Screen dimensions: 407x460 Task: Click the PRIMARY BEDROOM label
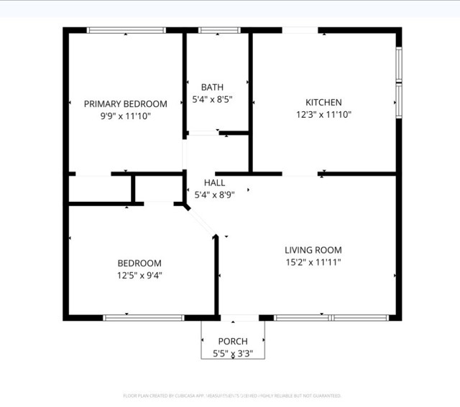coord(125,103)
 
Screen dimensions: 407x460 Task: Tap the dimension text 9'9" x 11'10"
coord(125,115)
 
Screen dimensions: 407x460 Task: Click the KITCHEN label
coord(323,103)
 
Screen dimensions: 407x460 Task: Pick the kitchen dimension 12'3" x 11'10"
coord(323,114)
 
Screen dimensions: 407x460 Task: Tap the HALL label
coord(214,183)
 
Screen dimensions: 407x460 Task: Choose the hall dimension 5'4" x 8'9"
coord(214,195)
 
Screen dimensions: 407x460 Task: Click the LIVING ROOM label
coord(313,250)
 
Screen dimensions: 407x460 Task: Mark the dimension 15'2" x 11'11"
coord(313,262)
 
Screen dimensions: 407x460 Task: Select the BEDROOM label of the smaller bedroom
coord(139,263)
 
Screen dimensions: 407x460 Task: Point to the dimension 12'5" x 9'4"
coord(139,275)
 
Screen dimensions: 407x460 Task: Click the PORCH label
coord(233,341)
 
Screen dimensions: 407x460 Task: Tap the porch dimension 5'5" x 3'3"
coord(233,353)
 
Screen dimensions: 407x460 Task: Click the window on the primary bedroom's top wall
coord(126,30)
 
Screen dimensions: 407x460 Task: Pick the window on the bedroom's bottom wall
coord(144,317)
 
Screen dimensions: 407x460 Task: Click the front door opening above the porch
coord(239,317)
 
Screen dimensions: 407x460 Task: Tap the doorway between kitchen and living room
coord(300,173)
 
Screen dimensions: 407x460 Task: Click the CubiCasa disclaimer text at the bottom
coord(231,396)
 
